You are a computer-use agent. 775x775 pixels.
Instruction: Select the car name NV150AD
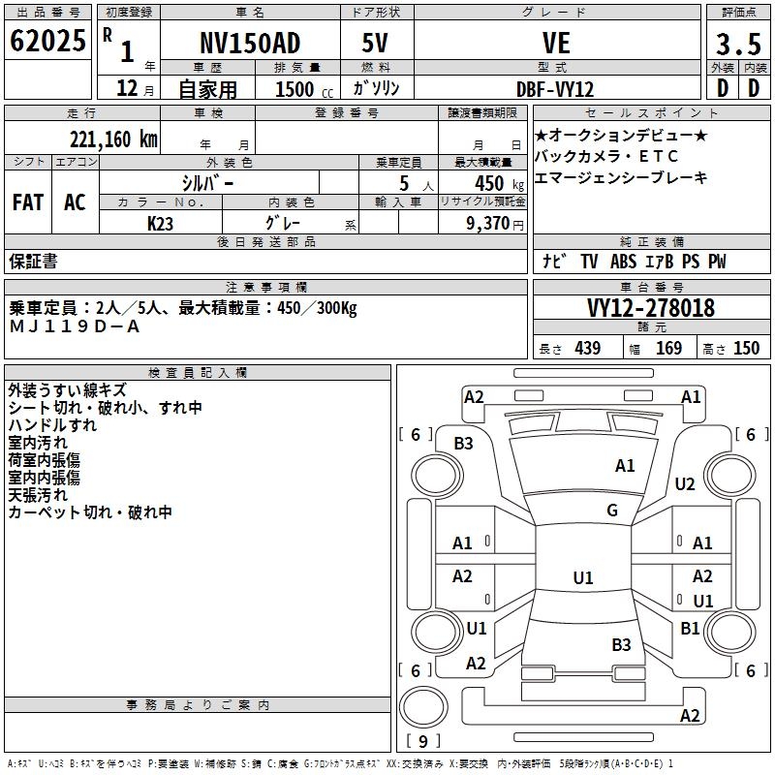[250, 44]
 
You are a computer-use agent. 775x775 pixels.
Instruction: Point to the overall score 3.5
[737, 44]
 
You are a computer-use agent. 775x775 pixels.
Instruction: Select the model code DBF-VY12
[556, 89]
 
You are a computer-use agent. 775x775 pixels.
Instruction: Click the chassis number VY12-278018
[651, 308]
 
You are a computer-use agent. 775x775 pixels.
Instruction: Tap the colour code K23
[161, 223]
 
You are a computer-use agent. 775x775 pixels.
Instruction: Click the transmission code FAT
[27, 202]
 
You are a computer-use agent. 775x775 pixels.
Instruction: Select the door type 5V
[376, 44]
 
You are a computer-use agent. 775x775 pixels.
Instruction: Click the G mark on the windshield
[612, 511]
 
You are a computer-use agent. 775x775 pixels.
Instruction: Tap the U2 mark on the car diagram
[685, 483]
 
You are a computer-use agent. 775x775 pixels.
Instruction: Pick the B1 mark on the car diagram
[690, 628]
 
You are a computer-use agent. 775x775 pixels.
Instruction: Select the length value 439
[587, 348]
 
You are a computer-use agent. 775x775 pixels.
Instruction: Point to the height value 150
[746, 348]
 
